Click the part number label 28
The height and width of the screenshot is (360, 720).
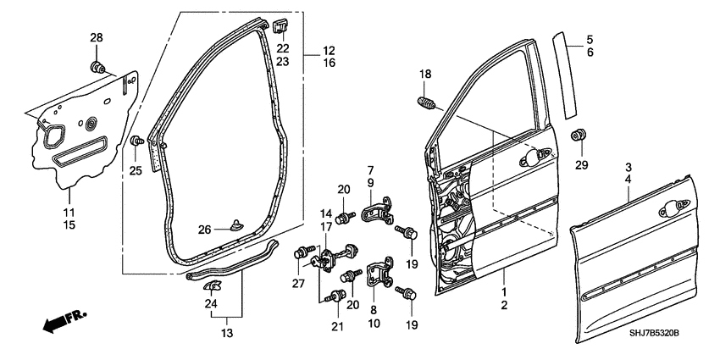(x=96, y=37)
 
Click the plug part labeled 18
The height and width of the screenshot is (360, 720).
(x=428, y=106)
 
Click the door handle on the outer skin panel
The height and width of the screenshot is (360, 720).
(x=678, y=206)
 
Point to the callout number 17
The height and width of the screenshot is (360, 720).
(x=326, y=227)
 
